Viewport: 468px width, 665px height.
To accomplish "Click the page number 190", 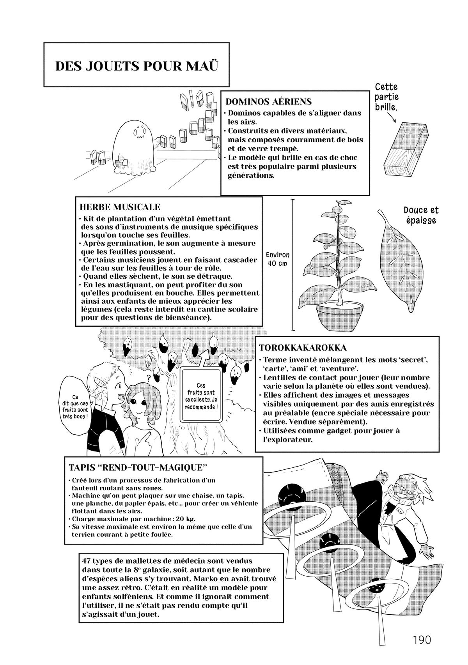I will [420, 640].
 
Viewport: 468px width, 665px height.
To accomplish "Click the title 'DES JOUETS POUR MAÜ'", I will [136, 65].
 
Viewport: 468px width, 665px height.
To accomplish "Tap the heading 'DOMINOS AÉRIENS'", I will [269, 102].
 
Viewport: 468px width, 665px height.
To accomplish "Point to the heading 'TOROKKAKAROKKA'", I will [303, 347].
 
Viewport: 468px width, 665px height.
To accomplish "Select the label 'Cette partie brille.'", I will [386, 97].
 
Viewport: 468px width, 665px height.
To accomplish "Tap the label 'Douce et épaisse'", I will [421, 215].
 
